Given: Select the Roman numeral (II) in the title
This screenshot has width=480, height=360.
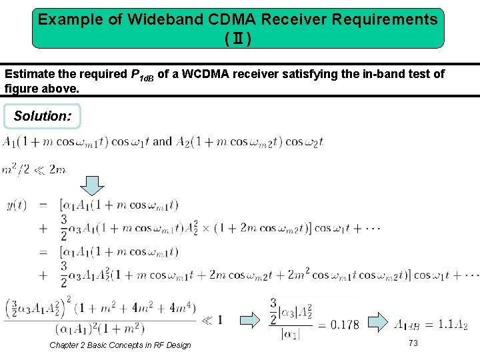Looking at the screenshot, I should (x=238, y=39).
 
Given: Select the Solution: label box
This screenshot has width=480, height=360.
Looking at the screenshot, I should (x=42, y=116).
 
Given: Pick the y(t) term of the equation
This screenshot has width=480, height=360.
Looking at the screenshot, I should (x=15, y=205).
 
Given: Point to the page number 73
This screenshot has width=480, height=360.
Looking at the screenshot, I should (x=413, y=343).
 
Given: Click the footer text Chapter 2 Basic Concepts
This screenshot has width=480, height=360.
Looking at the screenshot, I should (x=120, y=345).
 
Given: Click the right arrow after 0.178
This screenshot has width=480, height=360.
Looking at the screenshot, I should (x=377, y=321).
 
